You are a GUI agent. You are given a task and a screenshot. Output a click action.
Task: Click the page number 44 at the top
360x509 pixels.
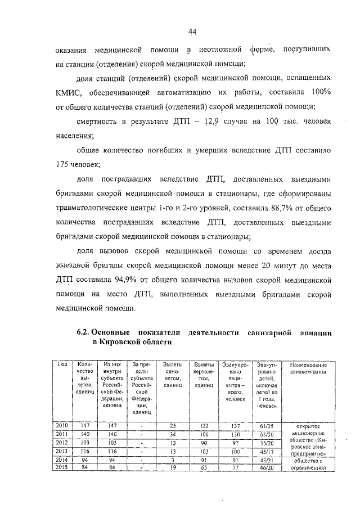192,30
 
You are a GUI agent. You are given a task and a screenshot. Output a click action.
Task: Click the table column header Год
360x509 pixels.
63,364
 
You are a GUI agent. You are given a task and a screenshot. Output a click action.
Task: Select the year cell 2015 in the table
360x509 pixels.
63,466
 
